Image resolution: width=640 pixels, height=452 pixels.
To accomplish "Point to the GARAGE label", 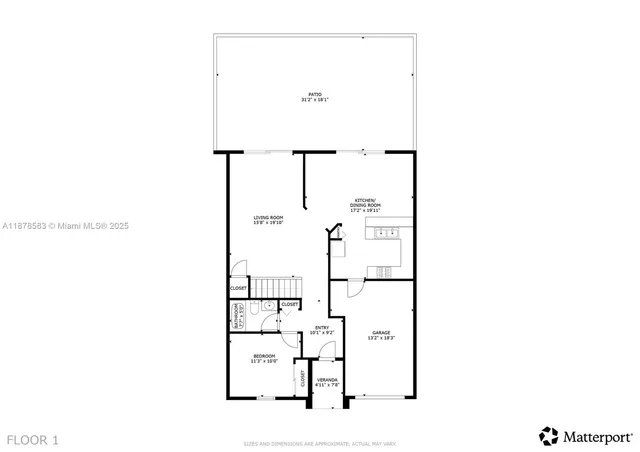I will coord(381,335).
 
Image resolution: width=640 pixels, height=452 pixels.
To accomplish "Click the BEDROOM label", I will coord(264,359).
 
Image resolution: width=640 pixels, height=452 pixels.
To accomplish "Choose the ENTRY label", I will coord(322,330).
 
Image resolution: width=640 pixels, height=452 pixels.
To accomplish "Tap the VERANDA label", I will coord(327,382).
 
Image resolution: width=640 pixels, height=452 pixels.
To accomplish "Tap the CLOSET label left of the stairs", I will coord(238,288).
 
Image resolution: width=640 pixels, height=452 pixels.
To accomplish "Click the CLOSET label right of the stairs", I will coord(289,304).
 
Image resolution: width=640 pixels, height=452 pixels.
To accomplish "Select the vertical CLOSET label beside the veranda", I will coord(302,378).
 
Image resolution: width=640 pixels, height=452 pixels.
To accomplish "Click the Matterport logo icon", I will coord(548,435).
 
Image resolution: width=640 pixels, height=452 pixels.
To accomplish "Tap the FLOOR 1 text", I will coord(33,439).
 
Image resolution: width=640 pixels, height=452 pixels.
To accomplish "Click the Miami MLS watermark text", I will coord(65,225).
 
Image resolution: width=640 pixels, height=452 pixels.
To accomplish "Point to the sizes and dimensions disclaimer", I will coord(319,442).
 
